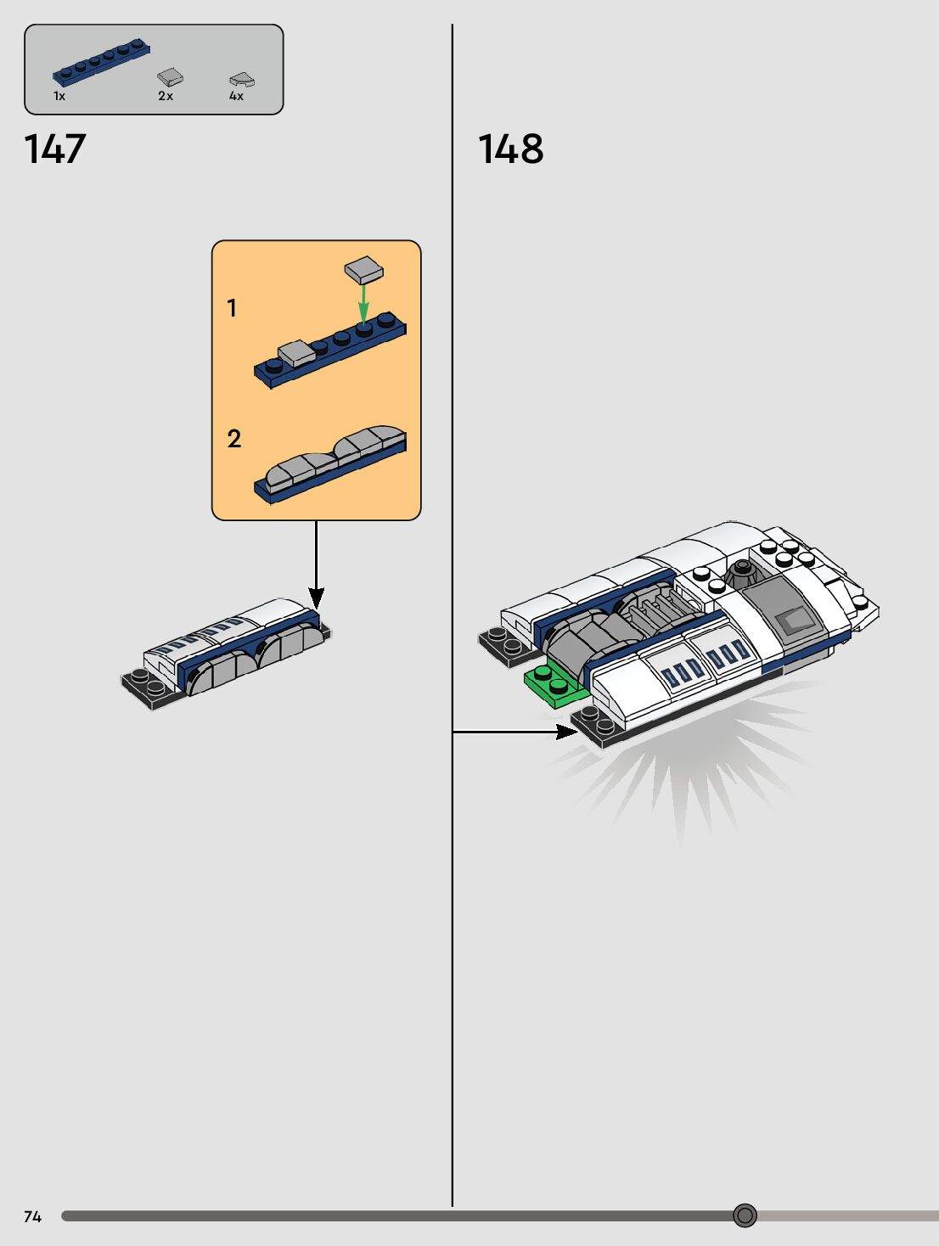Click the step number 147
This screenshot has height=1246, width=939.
55,149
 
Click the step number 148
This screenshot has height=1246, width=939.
510,149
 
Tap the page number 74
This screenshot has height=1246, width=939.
32,1216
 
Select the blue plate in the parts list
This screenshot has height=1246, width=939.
101,63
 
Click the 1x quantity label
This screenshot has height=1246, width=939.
59,97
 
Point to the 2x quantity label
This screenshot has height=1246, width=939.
166,97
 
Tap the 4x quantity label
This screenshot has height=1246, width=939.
236,97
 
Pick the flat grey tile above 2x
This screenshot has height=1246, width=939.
170,77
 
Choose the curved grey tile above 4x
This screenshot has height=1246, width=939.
242,80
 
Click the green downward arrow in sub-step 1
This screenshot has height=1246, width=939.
363,302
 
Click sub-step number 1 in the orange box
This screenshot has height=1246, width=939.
232,308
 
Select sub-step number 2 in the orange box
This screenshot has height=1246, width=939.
234,439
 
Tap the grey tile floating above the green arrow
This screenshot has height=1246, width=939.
363,271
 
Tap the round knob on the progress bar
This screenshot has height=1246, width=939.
745,1215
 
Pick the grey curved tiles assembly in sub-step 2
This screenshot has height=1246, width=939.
335,455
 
